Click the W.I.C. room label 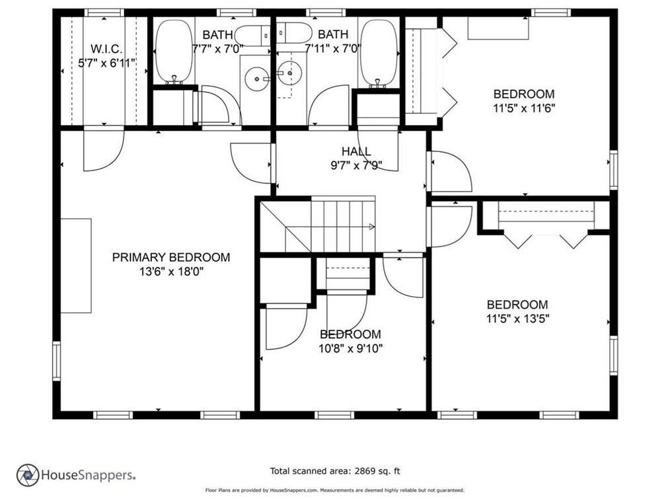pos(106,48)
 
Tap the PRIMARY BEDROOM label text pos(171,257)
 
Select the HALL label pos(356,151)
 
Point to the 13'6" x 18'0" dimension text pos(171,271)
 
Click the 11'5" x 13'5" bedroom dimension pos(517,319)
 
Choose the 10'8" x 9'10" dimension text pos(350,348)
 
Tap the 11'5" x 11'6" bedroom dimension pos(524,108)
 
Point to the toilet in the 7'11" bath pos(294,33)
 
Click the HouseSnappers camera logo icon pos(28,475)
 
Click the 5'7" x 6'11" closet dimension pos(106,63)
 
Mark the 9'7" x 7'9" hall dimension pos(356,165)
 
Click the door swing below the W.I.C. pos(104,149)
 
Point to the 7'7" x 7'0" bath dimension pos(217,49)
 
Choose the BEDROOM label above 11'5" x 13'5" pos(517,304)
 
